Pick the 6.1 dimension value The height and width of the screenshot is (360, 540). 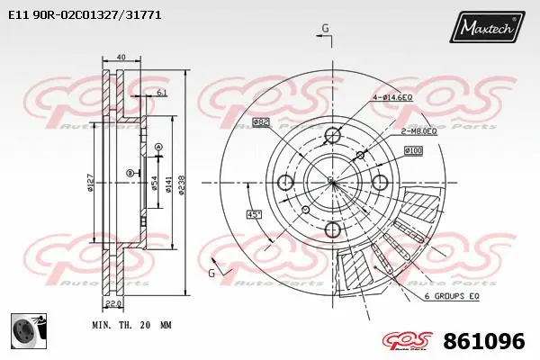(160, 93)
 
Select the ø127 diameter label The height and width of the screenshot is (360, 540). (90, 184)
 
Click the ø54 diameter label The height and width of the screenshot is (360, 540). (155, 184)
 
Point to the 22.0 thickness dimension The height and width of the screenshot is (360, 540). (125, 304)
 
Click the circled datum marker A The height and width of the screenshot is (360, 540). (158, 147)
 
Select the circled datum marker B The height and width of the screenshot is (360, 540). (130, 173)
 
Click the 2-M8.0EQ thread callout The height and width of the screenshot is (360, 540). (418, 130)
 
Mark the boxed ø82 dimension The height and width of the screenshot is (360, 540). (261, 121)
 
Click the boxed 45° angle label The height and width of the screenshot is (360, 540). (255, 213)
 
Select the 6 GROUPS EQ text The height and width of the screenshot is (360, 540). (451, 296)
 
